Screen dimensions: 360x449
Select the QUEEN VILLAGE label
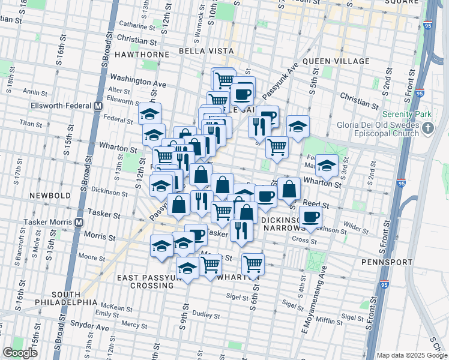[336, 61]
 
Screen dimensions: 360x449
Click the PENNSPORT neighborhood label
[387, 262]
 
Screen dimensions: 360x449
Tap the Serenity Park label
[406, 114]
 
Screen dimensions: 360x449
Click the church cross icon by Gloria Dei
[427, 128]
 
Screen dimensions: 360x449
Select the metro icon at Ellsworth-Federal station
[97, 106]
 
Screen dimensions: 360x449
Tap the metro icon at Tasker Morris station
[79, 222]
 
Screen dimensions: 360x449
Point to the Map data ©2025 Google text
[412, 355]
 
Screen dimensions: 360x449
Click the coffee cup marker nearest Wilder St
[310, 217]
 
